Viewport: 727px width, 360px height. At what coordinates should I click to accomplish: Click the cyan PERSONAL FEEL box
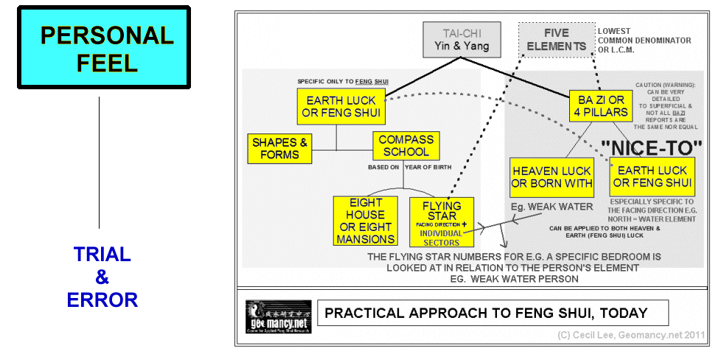click(104, 48)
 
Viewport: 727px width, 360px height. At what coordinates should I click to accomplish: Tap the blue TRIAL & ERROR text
click(102, 277)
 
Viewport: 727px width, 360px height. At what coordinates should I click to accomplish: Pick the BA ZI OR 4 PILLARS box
click(600, 105)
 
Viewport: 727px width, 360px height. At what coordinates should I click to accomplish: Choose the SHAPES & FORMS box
click(279, 148)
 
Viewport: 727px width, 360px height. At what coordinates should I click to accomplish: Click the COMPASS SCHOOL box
click(406, 145)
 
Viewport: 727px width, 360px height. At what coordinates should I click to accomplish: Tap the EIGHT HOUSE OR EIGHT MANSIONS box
click(366, 221)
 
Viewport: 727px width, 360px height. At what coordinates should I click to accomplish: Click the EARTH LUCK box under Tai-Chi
click(341, 106)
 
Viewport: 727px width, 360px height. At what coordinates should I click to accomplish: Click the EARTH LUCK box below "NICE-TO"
click(653, 177)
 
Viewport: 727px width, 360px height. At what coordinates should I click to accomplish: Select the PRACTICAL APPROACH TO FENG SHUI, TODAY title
click(492, 313)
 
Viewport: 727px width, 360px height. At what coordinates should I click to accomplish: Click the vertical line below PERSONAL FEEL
click(100, 162)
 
